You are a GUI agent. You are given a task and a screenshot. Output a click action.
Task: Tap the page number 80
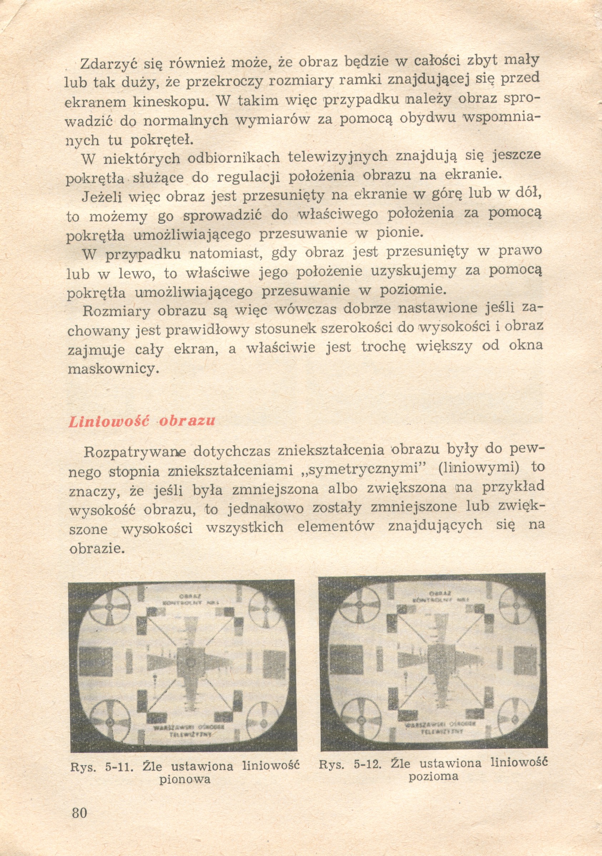pos(80,812)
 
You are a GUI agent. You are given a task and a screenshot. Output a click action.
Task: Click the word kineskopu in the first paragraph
pos(171,101)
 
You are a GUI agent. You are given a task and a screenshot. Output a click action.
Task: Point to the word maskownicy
pos(111,369)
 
